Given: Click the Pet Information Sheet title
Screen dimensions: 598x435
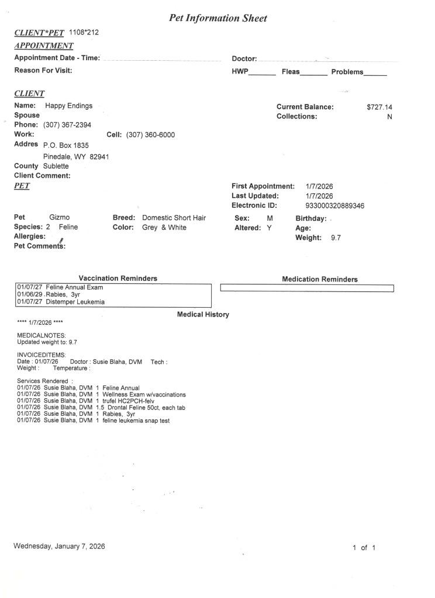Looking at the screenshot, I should point(217,18).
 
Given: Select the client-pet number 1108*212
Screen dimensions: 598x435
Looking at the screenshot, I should point(84,32).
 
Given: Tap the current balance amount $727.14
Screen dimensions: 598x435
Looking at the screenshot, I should point(379,107).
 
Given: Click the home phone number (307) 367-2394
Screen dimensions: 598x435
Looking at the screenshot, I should point(67,125).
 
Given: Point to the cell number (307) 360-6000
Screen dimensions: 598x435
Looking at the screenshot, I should point(150,135).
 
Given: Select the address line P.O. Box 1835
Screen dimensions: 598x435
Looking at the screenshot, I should point(66,145).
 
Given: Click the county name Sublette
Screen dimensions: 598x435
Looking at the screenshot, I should point(56,166).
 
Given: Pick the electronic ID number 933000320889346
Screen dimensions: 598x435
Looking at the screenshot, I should point(335,206).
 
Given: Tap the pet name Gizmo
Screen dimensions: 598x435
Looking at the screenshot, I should point(60,218).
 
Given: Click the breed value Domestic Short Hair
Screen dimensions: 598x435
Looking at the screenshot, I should point(174,218).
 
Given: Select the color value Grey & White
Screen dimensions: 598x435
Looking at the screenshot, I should point(164,228).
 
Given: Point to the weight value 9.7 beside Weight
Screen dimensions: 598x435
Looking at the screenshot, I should point(336,238).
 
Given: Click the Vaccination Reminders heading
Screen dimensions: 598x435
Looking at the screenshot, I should point(118,279).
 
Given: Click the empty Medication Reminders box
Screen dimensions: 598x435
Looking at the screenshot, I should point(306,288).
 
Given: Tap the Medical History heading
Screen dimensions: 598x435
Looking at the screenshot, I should point(203,315).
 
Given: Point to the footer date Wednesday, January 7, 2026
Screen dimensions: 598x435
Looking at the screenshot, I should point(59,547).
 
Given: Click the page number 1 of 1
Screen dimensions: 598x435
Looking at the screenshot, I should point(363,548).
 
